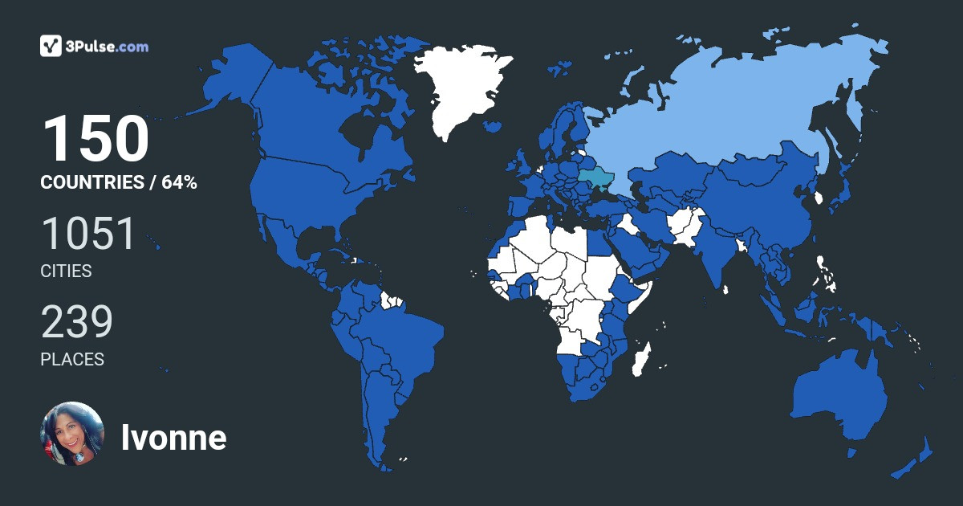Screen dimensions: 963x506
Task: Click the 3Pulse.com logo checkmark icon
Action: tap(51, 46)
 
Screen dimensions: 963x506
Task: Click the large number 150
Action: tap(95, 140)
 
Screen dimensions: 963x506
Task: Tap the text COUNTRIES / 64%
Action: tap(119, 182)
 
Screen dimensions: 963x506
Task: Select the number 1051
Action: tap(89, 234)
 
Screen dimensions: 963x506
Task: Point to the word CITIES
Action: tap(66, 271)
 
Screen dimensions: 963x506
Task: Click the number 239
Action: tap(77, 322)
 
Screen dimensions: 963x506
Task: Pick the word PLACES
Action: tap(72, 360)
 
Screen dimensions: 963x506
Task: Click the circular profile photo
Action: tap(72, 434)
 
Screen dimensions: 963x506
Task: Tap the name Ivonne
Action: tap(173, 438)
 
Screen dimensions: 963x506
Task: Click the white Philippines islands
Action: tap(825, 273)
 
